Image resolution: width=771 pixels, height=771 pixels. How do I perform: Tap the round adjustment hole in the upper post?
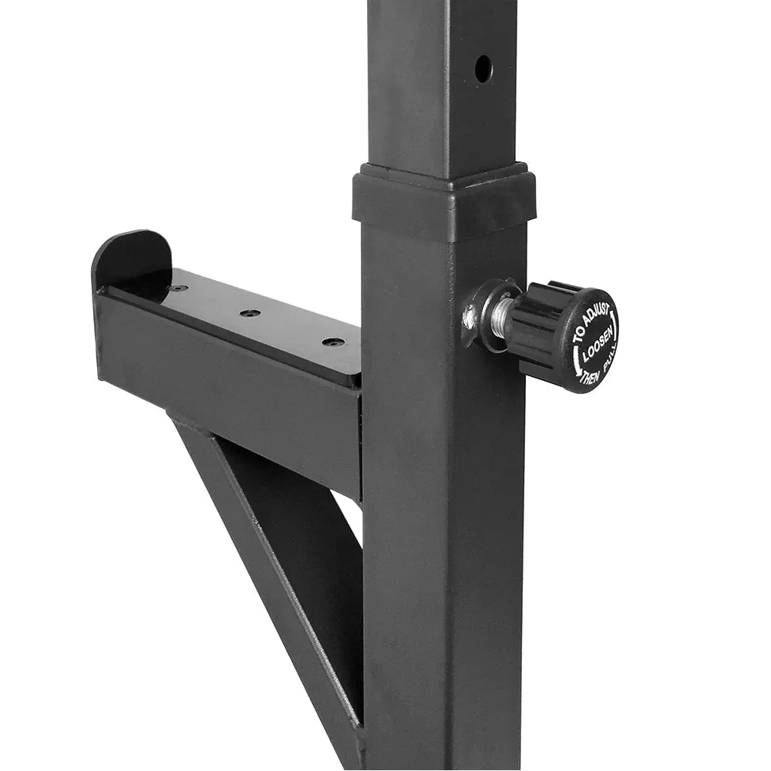pyautogui.click(x=483, y=68)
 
